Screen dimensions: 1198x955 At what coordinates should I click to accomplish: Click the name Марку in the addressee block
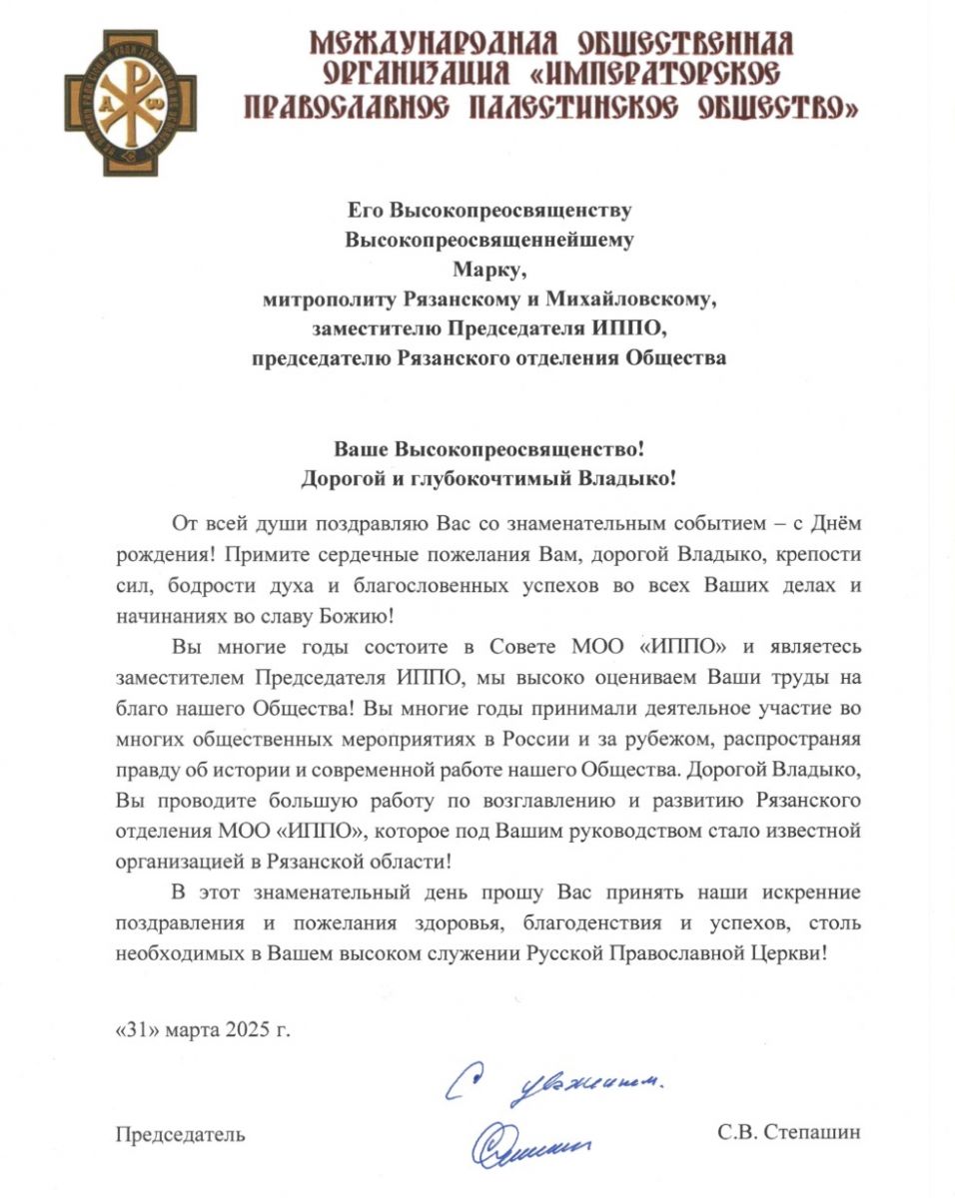(487, 269)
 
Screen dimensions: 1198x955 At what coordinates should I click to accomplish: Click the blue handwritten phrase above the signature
(554, 1081)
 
